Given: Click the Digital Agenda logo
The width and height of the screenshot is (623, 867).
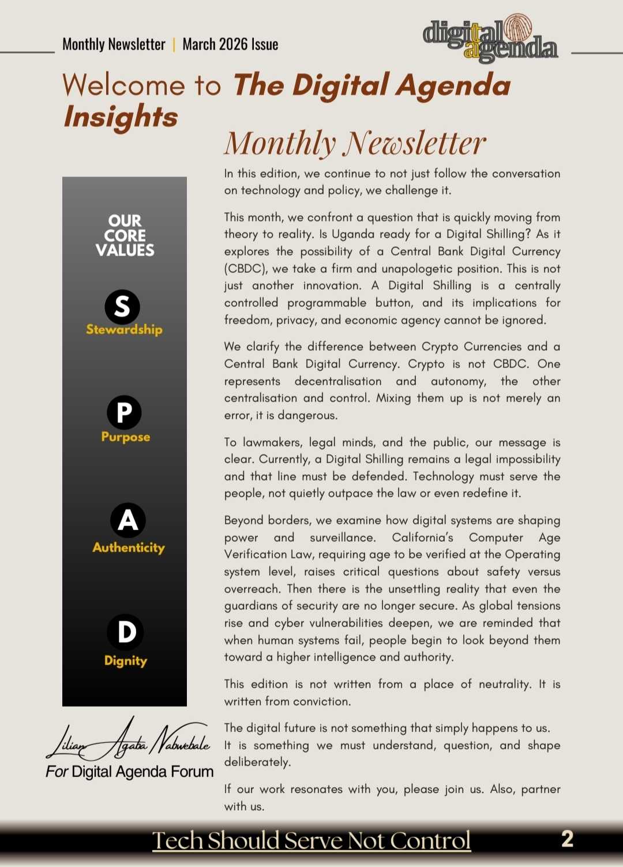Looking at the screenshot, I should pos(490,39).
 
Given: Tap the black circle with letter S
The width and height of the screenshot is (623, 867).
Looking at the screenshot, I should pos(122,307).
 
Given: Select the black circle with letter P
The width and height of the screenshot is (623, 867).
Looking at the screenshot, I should pos(124,412).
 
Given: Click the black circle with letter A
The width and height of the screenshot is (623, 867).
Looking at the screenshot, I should pos(128,520).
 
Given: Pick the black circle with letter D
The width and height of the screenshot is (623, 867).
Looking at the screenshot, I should pos(125,632).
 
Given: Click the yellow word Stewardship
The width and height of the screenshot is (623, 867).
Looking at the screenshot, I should pos(124,329).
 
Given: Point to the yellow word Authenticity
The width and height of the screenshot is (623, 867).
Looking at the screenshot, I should pos(129,547).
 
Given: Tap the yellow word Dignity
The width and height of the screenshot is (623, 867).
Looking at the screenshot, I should pos(125,660).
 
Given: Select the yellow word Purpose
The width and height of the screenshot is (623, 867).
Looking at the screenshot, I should pos(125,437).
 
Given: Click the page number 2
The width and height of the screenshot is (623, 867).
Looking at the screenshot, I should pos(567,839).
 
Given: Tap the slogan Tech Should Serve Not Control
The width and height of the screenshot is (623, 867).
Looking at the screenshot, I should pos(311,840).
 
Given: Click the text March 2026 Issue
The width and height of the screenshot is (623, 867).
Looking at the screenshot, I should pos(230,44).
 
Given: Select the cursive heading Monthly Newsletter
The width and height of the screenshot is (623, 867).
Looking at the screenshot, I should pos(355,143).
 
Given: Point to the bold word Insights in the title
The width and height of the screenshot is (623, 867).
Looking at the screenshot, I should pos(121,117).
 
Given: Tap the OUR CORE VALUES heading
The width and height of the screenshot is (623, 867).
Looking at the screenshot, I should pos(125,235).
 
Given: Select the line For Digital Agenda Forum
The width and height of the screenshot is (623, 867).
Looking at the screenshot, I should pos(130,772).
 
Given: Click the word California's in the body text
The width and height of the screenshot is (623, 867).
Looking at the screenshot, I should pos(422,538).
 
